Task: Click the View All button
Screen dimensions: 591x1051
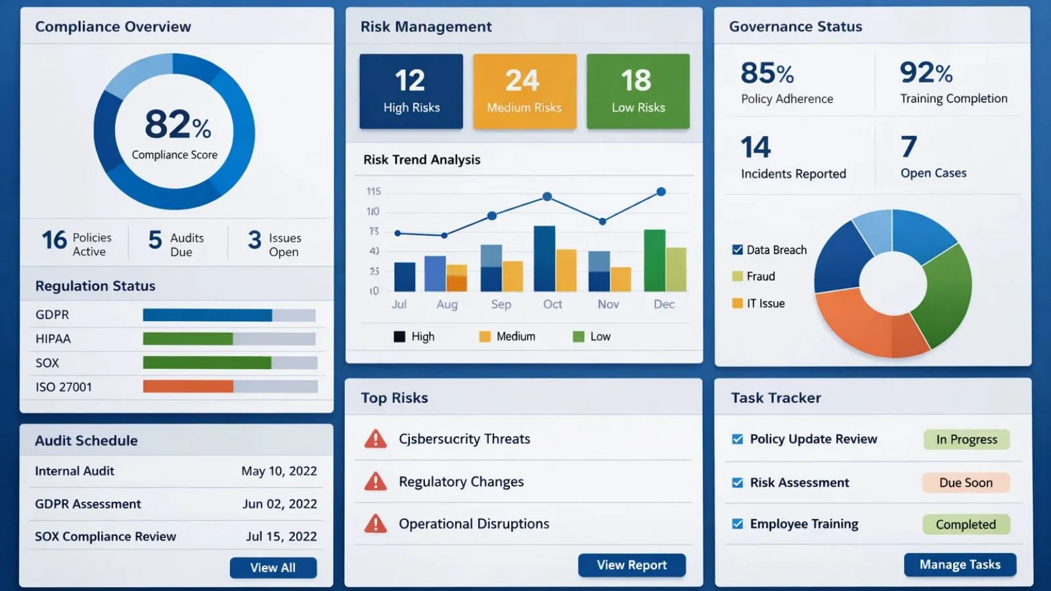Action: (273, 567)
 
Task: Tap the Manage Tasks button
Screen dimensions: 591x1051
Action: (960, 564)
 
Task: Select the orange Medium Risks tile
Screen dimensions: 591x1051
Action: (524, 91)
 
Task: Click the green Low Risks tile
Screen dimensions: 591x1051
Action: (638, 91)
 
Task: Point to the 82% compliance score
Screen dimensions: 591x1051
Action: (177, 125)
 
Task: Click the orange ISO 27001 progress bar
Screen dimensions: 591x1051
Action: (188, 386)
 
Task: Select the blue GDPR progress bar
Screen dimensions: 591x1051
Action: (207, 315)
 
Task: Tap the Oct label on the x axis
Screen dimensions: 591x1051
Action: (552, 304)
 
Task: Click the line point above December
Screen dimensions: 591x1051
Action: (661, 192)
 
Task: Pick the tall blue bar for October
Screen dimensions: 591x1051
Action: (544, 259)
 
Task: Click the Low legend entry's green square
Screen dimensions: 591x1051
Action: (578, 337)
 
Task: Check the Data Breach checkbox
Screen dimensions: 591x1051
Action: (737, 250)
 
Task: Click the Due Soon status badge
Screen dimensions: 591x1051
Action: (965, 483)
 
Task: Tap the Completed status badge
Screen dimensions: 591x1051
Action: (965, 524)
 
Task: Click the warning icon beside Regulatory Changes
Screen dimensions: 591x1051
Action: (375, 482)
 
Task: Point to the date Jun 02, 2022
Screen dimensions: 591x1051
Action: (279, 504)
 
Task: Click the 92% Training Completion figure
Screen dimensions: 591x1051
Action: (926, 73)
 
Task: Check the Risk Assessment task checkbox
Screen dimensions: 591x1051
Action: (737, 483)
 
